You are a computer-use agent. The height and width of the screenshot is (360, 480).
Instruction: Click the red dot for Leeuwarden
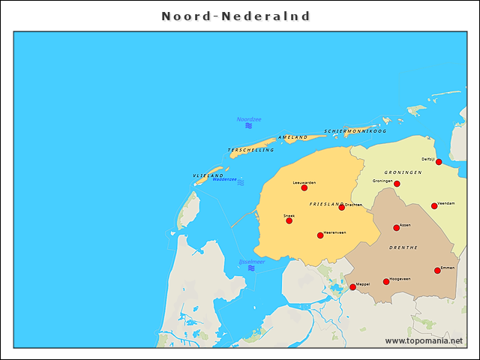(304, 187)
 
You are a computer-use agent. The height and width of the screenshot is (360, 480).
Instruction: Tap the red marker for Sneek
(289, 220)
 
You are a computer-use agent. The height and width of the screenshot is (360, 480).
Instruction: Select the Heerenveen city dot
(320, 235)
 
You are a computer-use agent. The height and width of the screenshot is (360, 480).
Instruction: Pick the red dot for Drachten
(341, 207)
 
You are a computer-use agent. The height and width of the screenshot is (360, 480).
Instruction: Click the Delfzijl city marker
(439, 162)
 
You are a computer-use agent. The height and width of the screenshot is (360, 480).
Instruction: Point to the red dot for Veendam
(434, 205)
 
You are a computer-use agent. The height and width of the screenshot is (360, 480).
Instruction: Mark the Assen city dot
(397, 228)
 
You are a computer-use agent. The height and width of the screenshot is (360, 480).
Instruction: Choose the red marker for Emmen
(437, 271)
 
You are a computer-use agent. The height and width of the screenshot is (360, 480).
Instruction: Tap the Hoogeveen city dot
(386, 282)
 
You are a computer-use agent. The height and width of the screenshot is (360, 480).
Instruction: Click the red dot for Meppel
(352, 287)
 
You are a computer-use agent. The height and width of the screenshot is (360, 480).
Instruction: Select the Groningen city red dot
(397, 184)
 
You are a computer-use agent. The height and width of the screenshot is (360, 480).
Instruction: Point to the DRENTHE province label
(403, 247)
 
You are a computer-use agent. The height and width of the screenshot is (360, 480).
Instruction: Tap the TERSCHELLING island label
(250, 150)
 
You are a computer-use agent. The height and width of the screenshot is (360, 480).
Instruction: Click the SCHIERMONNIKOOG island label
(355, 131)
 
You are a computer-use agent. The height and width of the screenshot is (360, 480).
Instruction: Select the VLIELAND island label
(208, 175)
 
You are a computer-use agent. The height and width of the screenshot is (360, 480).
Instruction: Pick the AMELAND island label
(292, 138)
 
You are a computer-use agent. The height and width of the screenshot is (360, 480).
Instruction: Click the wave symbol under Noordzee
(248, 125)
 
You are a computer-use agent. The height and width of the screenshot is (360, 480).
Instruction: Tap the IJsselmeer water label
(251, 262)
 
